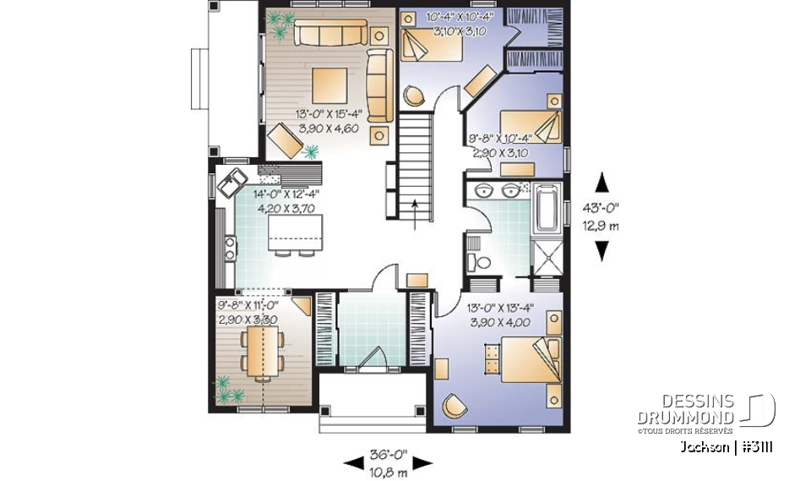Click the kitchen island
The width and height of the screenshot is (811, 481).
click(296, 231)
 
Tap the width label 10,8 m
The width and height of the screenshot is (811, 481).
click(389, 473)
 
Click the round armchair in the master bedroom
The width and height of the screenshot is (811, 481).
click(455, 407)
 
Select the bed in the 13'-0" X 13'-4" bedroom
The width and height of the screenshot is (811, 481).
click(528, 359)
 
